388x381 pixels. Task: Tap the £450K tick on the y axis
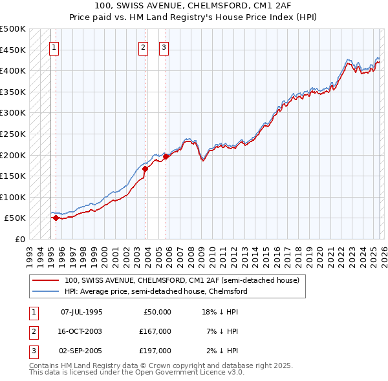pos(13,50)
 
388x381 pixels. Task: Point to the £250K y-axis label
pos(13,134)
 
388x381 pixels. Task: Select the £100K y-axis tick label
pos(13,197)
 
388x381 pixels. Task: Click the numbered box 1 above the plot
pos(54,46)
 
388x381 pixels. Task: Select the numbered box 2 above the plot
pos(143,46)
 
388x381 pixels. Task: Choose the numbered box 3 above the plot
pos(164,46)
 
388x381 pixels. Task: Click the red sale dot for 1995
pos(56,218)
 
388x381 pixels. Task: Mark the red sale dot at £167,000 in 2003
pos(145,169)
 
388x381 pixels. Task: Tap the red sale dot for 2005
pos(166,156)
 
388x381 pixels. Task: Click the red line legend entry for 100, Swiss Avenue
pos(181,281)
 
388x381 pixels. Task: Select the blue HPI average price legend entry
pos(155,291)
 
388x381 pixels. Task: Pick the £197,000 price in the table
pos(155,351)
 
